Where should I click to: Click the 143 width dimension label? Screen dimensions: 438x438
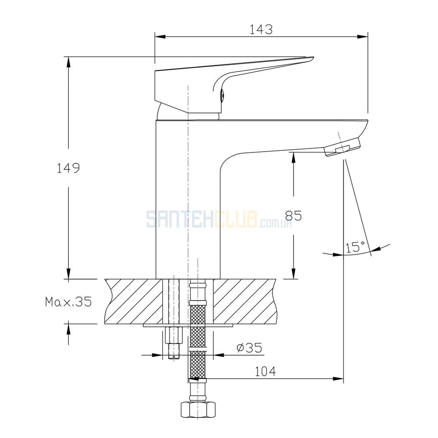(261, 30)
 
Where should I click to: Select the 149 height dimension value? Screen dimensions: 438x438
(68, 168)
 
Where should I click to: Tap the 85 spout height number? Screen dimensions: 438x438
(293, 215)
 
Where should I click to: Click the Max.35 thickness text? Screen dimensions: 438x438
(68, 302)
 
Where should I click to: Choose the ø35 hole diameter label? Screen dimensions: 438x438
(250, 348)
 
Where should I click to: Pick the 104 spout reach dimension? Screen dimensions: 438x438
(265, 371)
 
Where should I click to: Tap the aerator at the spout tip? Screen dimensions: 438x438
(343, 147)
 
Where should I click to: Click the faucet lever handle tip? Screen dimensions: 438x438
(310, 59)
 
